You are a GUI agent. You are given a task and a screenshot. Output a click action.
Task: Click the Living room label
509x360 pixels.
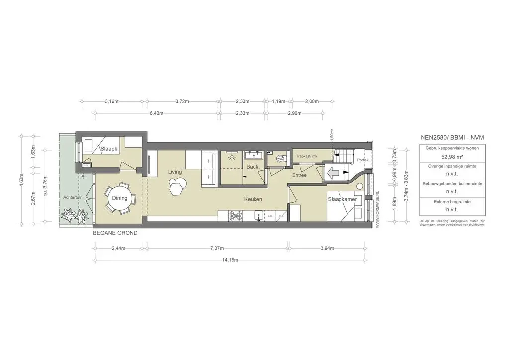tap(175, 172)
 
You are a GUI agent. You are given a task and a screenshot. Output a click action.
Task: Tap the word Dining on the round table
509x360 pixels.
tap(119, 198)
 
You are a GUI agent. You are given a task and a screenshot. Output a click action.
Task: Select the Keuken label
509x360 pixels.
tap(253, 199)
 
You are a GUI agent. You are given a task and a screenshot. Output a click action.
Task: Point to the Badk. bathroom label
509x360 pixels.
tap(253, 167)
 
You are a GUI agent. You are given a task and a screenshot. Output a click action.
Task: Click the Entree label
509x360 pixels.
tap(299, 175)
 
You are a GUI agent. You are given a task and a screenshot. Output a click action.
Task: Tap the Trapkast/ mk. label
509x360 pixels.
tap(307, 156)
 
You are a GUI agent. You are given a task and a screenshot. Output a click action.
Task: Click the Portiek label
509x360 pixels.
tap(363, 160)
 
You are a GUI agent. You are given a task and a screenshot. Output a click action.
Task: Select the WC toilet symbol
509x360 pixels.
tap(279, 159)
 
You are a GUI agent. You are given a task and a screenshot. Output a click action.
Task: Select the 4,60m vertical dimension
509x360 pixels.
tap(21, 178)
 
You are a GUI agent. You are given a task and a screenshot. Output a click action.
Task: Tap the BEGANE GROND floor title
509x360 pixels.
tap(115, 233)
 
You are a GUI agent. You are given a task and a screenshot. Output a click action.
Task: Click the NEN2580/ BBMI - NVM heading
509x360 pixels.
tap(452, 137)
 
